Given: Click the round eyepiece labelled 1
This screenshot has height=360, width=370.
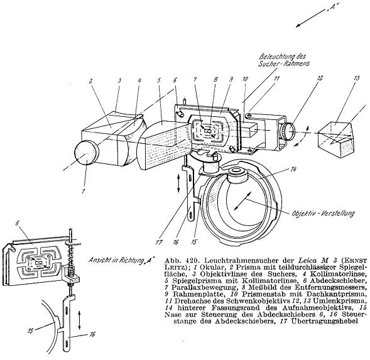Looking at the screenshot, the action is click(86, 152).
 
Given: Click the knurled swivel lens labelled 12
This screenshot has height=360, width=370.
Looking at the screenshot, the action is click(288, 132).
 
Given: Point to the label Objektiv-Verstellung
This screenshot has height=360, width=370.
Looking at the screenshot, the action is click(323, 214).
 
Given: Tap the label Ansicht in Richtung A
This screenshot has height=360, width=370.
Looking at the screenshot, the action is click(121, 260).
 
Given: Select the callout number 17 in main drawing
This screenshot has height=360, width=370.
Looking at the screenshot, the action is click(159, 243).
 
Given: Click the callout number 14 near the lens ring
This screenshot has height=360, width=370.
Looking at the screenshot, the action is click(293, 169).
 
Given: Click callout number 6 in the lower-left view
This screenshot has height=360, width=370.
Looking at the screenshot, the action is click(17, 223).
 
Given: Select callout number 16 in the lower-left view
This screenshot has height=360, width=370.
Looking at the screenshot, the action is click(92, 334).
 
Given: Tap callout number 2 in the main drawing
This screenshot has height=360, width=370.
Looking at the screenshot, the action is click(90, 81).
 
